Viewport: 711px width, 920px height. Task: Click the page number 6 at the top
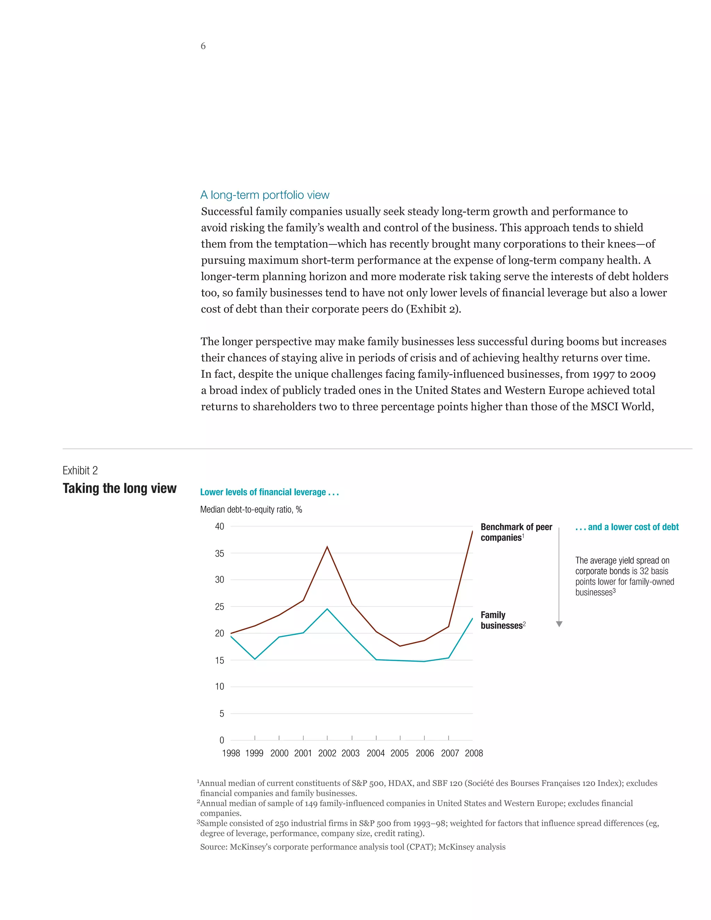[203, 46]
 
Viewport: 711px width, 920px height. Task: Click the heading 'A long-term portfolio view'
[265, 195]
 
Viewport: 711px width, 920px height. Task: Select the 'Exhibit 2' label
[80, 470]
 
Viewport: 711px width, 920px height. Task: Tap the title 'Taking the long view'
[120, 488]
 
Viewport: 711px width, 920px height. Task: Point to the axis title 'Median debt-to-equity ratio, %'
[251, 510]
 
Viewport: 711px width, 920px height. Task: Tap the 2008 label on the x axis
[474, 753]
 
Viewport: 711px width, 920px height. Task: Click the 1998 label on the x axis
[231, 753]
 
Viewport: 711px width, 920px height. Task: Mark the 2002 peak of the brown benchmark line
[327, 547]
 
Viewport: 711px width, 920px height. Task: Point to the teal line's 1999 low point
[255, 659]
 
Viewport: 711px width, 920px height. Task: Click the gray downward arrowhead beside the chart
[559, 624]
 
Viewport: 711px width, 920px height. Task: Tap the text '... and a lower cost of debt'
[627, 527]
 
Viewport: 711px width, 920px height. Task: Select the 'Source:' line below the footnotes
[353, 847]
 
